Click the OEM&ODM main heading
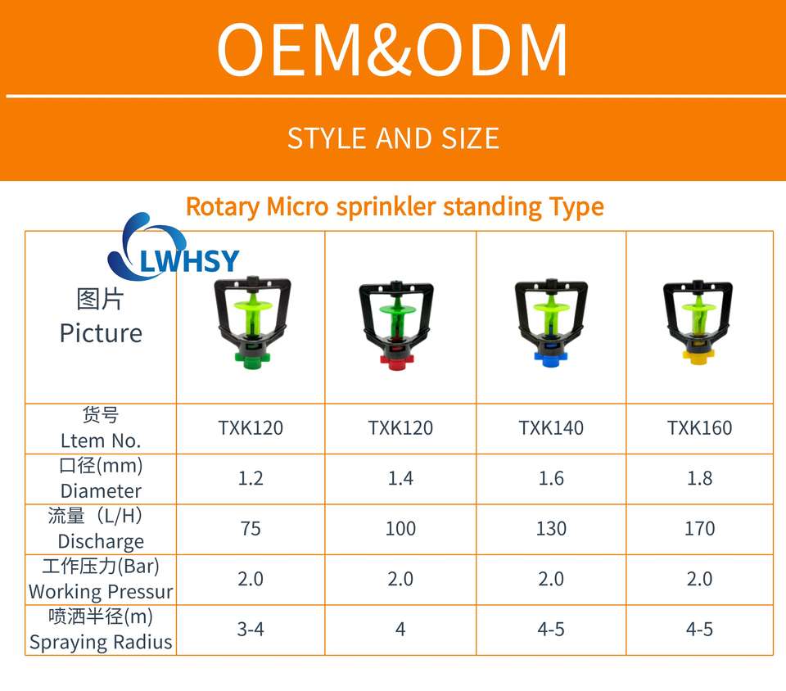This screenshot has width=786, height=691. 392,50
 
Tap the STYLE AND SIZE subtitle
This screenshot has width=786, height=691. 393,138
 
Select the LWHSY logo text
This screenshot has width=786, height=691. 189,261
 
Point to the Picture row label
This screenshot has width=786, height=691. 101,333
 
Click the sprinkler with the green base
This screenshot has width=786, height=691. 253,322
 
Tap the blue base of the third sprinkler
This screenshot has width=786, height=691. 550,359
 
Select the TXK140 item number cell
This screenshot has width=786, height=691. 551,428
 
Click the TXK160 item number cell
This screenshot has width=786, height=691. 699,428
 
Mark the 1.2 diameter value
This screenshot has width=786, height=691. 251,478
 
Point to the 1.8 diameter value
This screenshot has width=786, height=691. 699,478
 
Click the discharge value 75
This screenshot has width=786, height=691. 251,529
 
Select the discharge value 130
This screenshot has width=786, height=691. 551,529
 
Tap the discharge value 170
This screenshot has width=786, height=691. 699,529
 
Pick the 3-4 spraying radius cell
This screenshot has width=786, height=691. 251,630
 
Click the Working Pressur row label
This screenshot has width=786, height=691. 101,592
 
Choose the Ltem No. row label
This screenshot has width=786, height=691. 101,441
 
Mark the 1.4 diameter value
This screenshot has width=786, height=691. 400,478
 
